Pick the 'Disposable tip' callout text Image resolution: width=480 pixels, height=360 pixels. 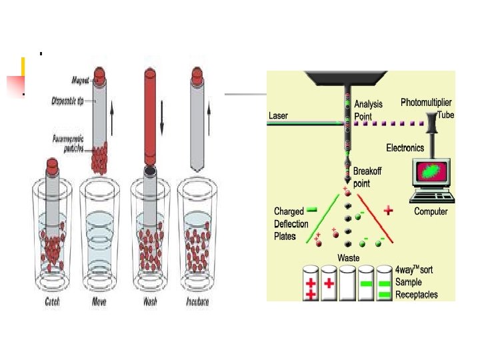[68, 101]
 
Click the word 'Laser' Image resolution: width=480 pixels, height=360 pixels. [278, 115]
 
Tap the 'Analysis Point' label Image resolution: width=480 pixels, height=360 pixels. [368, 109]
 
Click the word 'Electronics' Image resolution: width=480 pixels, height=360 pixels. [409, 147]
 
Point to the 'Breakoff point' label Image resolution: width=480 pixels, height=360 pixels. [368, 177]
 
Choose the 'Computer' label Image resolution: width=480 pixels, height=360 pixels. [431, 211]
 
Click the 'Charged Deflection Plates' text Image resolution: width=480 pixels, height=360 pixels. [289, 223]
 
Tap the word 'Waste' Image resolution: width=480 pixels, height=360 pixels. [349, 258]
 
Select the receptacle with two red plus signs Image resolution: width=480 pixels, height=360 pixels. [310, 284]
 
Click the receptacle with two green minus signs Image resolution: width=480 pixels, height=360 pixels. [383, 284]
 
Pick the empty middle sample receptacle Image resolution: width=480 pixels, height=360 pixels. [347, 284]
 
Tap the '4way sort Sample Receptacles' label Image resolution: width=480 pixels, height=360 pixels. [417, 282]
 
